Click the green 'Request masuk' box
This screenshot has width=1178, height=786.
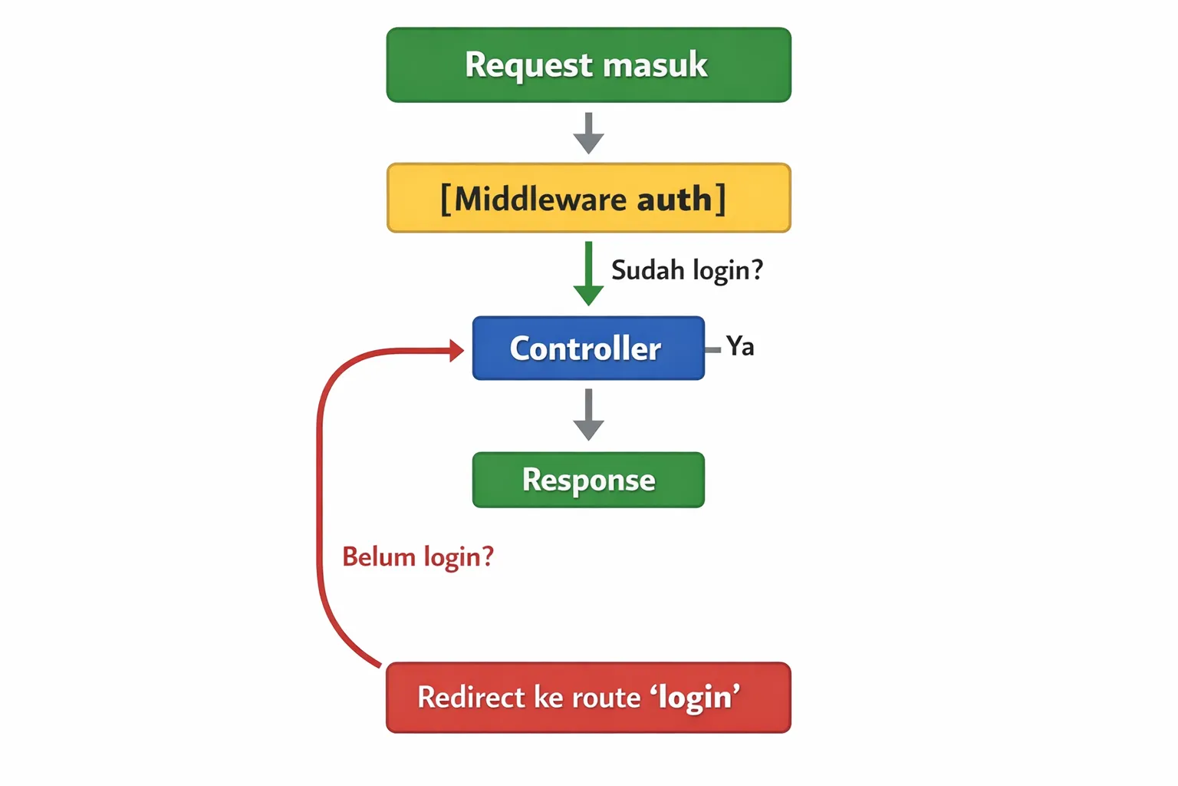click(x=588, y=65)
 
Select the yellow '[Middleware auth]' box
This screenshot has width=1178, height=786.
click(x=588, y=198)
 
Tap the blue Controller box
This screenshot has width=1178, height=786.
click(x=588, y=348)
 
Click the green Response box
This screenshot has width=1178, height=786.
click(x=588, y=480)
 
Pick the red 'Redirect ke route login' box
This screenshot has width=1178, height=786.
click(x=588, y=698)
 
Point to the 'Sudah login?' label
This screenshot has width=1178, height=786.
click(x=686, y=270)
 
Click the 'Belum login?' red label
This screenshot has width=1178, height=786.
click(x=418, y=556)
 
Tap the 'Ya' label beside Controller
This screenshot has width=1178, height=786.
click(x=740, y=346)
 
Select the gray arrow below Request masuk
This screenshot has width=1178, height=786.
click(x=588, y=133)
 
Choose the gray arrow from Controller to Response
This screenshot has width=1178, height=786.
click(x=588, y=414)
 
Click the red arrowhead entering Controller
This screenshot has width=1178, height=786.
click(x=456, y=351)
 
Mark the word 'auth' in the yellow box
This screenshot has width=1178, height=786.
click(x=674, y=200)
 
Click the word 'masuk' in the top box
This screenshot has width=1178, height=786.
click(x=655, y=65)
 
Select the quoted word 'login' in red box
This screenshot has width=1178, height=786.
click(x=696, y=698)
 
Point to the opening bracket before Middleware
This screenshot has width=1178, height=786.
click(x=446, y=200)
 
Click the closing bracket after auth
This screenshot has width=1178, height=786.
click(x=720, y=200)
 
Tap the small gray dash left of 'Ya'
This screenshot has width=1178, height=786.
click(x=712, y=350)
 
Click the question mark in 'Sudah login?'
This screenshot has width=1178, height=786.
click(x=756, y=269)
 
